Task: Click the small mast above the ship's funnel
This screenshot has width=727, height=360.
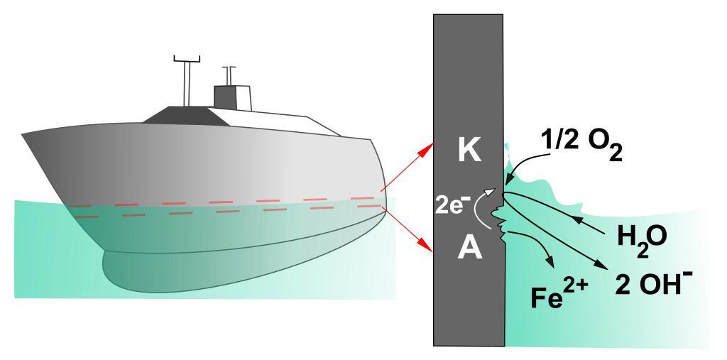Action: pyautogui.click(x=229, y=75)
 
